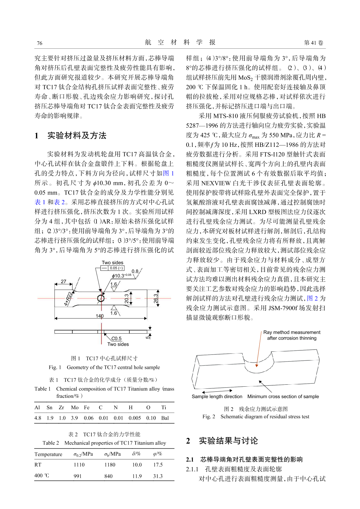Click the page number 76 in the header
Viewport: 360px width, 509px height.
[40, 43]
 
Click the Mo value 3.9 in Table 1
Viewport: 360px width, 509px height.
[75, 418]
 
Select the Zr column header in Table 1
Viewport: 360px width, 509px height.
[61, 408]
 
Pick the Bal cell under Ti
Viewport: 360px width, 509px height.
[165, 418]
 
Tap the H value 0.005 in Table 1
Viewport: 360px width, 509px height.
[134, 418]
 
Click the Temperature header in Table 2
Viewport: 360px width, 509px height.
[48, 454]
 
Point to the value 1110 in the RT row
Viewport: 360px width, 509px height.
[79, 465]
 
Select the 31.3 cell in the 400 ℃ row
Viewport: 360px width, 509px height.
[158, 476]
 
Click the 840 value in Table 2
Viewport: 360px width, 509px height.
[108, 476]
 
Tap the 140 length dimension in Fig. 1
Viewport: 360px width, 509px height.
[99, 316]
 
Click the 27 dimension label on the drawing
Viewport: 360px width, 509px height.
[64, 282]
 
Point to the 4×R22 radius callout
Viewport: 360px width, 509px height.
[68, 299]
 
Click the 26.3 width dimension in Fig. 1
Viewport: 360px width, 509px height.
[155, 299]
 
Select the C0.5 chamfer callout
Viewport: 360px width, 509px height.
[116, 338]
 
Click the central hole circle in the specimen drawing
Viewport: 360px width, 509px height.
[101, 298]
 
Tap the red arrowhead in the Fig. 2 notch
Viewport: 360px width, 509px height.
[257, 365]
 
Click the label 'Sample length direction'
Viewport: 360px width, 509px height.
[217, 396]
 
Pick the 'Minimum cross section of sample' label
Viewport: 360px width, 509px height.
[283, 396]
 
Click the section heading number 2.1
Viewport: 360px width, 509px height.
[190, 460]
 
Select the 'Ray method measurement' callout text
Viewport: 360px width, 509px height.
[292, 332]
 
